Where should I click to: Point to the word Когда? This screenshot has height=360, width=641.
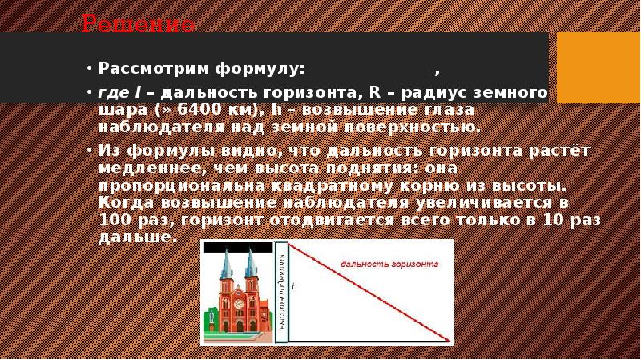click(x=124, y=204)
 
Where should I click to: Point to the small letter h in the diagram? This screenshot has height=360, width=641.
click(x=294, y=285)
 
